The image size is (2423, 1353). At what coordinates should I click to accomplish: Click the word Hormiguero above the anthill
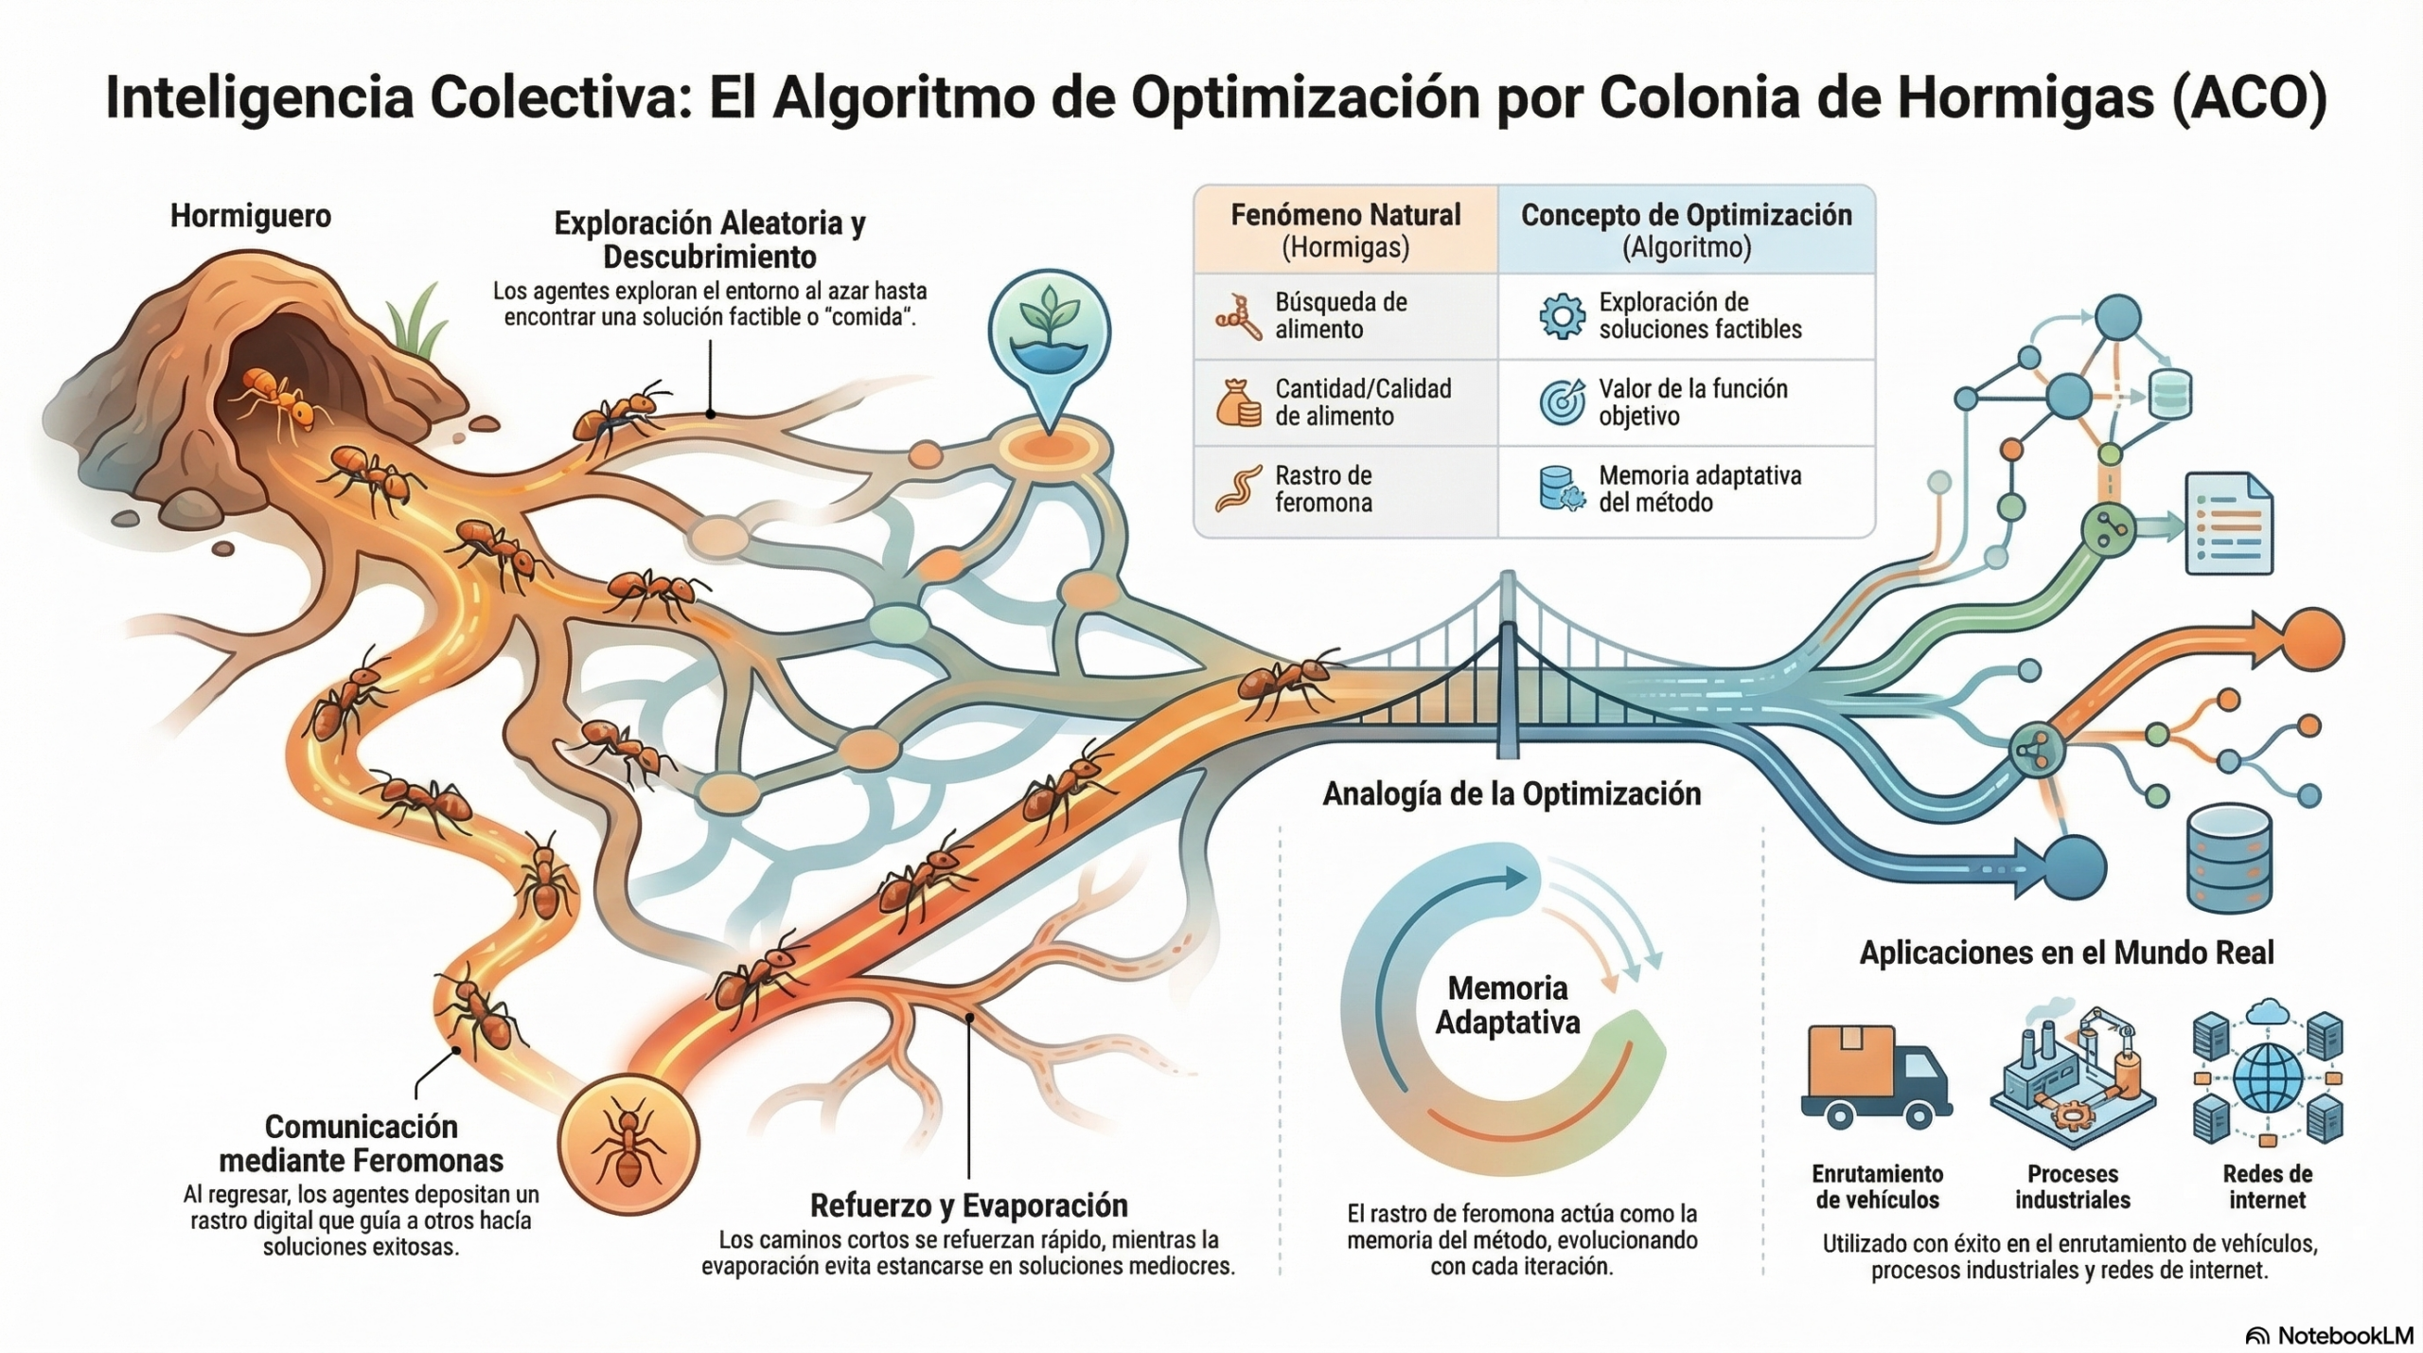pos(251,216)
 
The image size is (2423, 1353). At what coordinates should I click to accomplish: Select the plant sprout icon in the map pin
pos(1049,322)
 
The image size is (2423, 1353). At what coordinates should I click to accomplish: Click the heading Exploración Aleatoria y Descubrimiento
pos(710,240)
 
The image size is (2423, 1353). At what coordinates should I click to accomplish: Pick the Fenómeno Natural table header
pos(1345,230)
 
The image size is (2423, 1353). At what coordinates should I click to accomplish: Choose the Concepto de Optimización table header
pos(1686,230)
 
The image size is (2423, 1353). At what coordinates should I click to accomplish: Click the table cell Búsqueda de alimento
pos(1340,315)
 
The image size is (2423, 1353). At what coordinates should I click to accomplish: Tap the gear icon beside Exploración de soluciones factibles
pos(1562,316)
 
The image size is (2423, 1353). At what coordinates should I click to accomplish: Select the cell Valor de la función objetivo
pos(1692,402)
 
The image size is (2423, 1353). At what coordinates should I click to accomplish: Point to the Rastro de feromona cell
pos(1323,489)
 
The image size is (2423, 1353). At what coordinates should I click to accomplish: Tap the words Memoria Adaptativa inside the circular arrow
pos(1508,1006)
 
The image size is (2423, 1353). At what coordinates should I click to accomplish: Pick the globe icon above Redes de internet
pos(2268,1077)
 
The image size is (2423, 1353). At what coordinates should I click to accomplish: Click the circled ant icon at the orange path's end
pos(628,1145)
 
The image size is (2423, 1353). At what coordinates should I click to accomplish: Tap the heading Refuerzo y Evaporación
pos(968,1205)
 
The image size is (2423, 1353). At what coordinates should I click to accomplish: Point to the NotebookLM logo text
pos(2344,1335)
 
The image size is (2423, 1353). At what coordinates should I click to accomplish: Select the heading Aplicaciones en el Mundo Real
pos(2066,952)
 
